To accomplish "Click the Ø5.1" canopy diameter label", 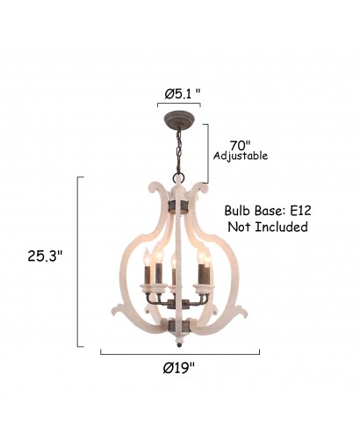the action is tap(183, 94).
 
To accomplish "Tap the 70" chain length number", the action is tap(240, 146).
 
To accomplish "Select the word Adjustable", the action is tap(241, 155).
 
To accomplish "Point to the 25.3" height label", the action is tap(45, 256).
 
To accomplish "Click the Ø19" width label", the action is tap(179, 368).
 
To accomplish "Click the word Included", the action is tap(281, 227).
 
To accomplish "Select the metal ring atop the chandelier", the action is tap(178, 178).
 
